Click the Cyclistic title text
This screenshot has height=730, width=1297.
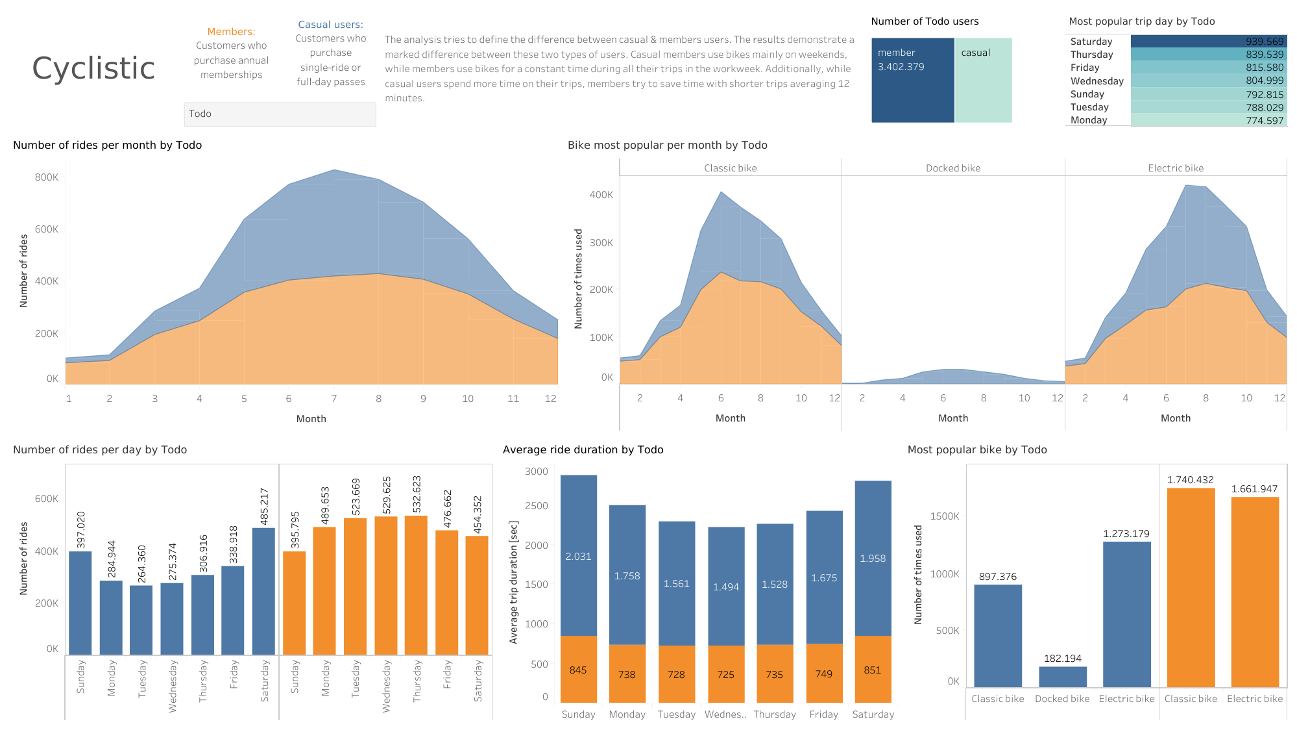pyautogui.click(x=93, y=68)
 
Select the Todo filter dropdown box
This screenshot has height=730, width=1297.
pyautogui.click(x=280, y=114)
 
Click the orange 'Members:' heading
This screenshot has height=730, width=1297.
pyautogui.click(x=231, y=31)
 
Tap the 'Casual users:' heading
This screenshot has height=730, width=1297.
pyautogui.click(x=330, y=24)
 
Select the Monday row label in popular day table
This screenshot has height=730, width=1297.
pyautogui.click(x=1089, y=120)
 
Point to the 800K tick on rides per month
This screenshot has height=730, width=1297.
pyautogui.click(x=47, y=177)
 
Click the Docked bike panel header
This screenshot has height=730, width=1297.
pyautogui.click(x=952, y=168)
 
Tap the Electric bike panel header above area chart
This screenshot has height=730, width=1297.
pyautogui.click(x=1175, y=168)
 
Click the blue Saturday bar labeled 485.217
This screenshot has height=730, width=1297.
pyautogui.click(x=263, y=591)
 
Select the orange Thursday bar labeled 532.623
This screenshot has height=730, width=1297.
pyautogui.click(x=416, y=585)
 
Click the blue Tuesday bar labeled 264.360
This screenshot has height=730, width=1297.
pyautogui.click(x=141, y=620)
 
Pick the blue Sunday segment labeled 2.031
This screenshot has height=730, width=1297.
pyautogui.click(x=578, y=555)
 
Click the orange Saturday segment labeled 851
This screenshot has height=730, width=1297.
pyautogui.click(x=873, y=669)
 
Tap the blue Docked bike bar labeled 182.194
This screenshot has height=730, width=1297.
pyautogui.click(x=1062, y=677)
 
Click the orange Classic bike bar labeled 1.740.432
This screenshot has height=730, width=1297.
pyautogui.click(x=1191, y=588)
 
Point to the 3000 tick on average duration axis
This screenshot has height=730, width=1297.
pyautogui.click(x=537, y=472)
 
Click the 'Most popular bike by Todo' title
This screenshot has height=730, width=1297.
pyautogui.click(x=976, y=449)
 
